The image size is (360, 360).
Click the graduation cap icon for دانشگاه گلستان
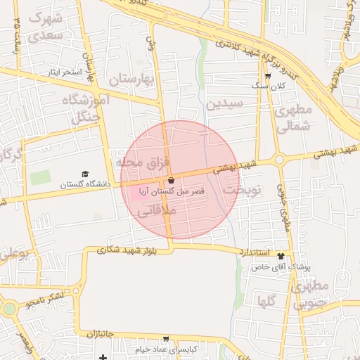pos(85,174)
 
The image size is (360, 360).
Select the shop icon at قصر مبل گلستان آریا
pos(171,181)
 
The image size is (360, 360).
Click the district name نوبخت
pos(242,191)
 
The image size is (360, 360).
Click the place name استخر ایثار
pos(64,72)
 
